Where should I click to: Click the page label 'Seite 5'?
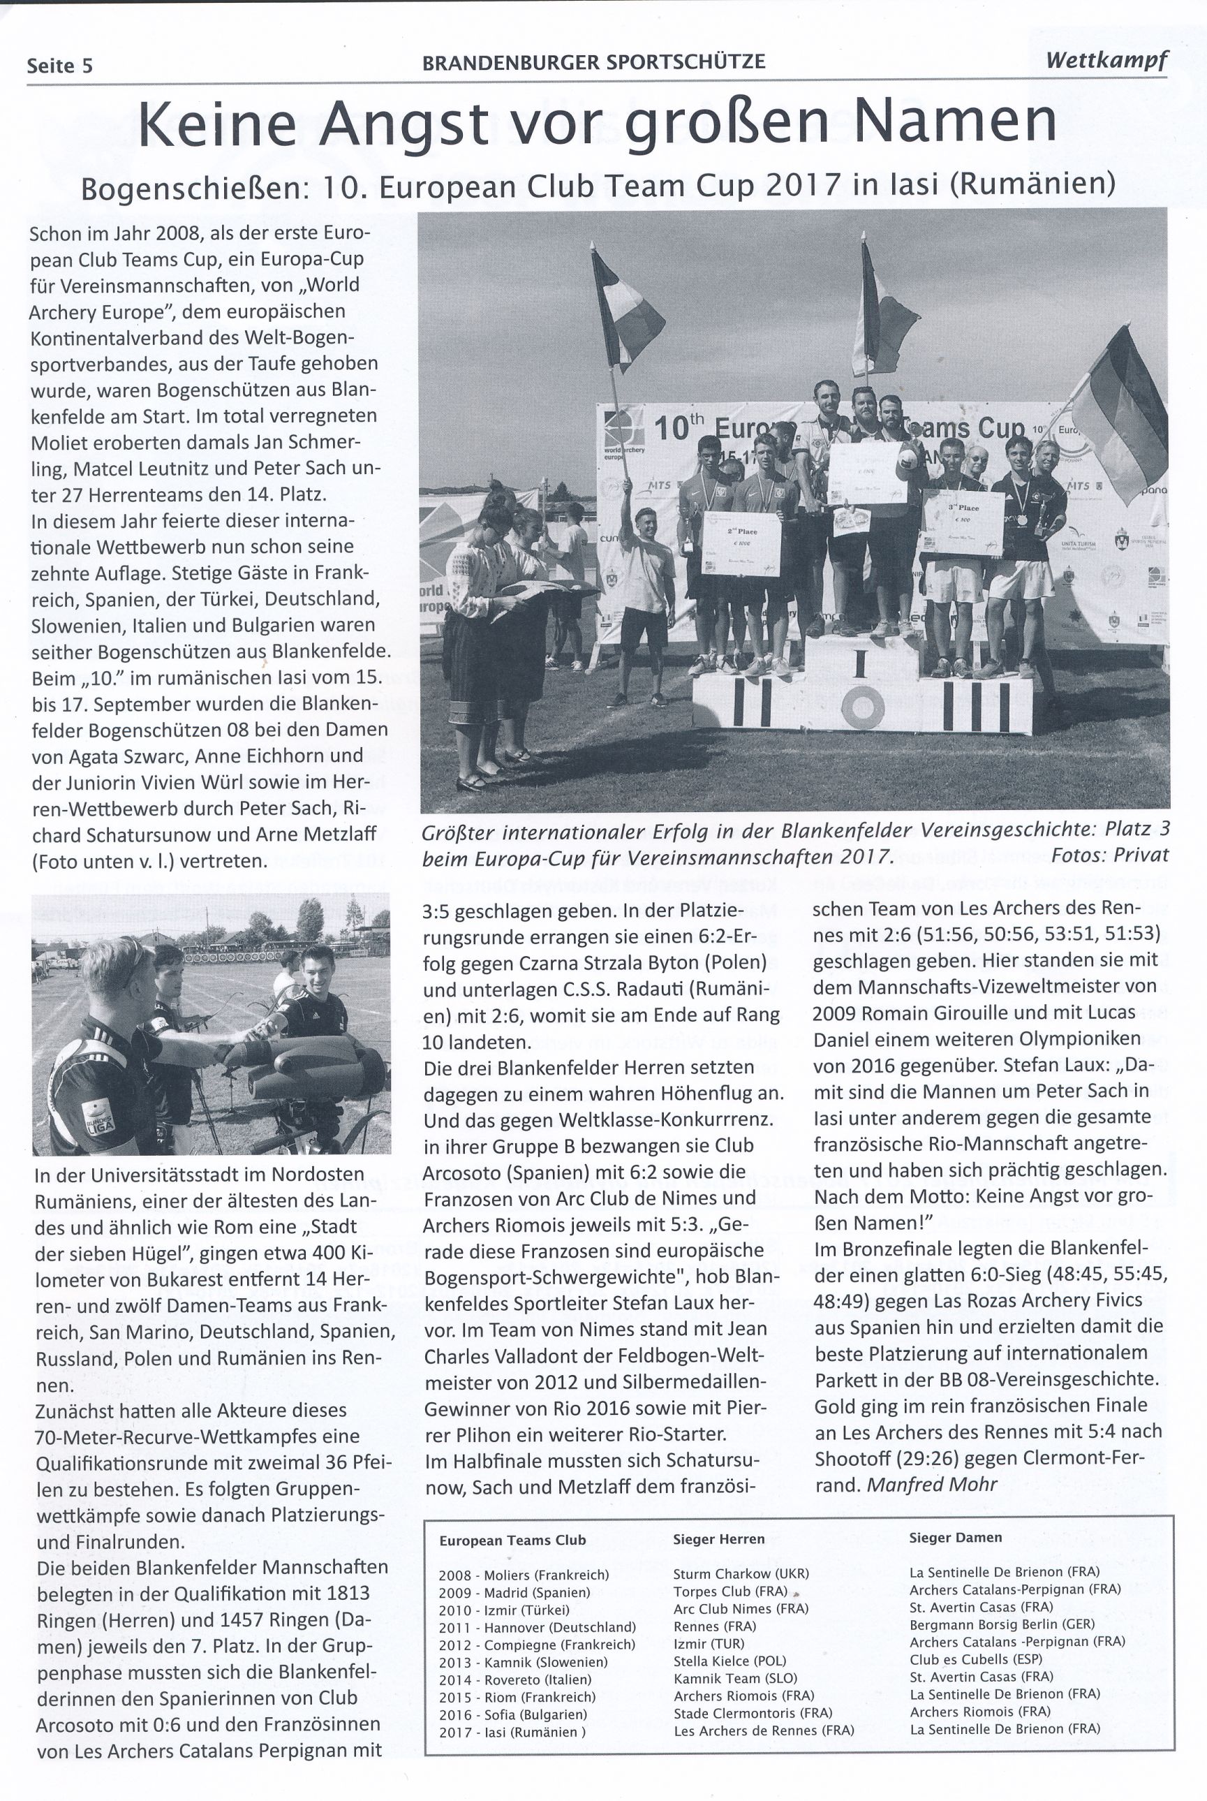point(59,66)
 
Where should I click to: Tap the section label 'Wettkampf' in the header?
point(1106,60)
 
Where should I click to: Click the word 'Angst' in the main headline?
point(404,126)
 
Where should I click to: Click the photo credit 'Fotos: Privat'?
point(1109,855)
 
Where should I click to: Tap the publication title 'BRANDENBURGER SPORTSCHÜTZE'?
point(593,62)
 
